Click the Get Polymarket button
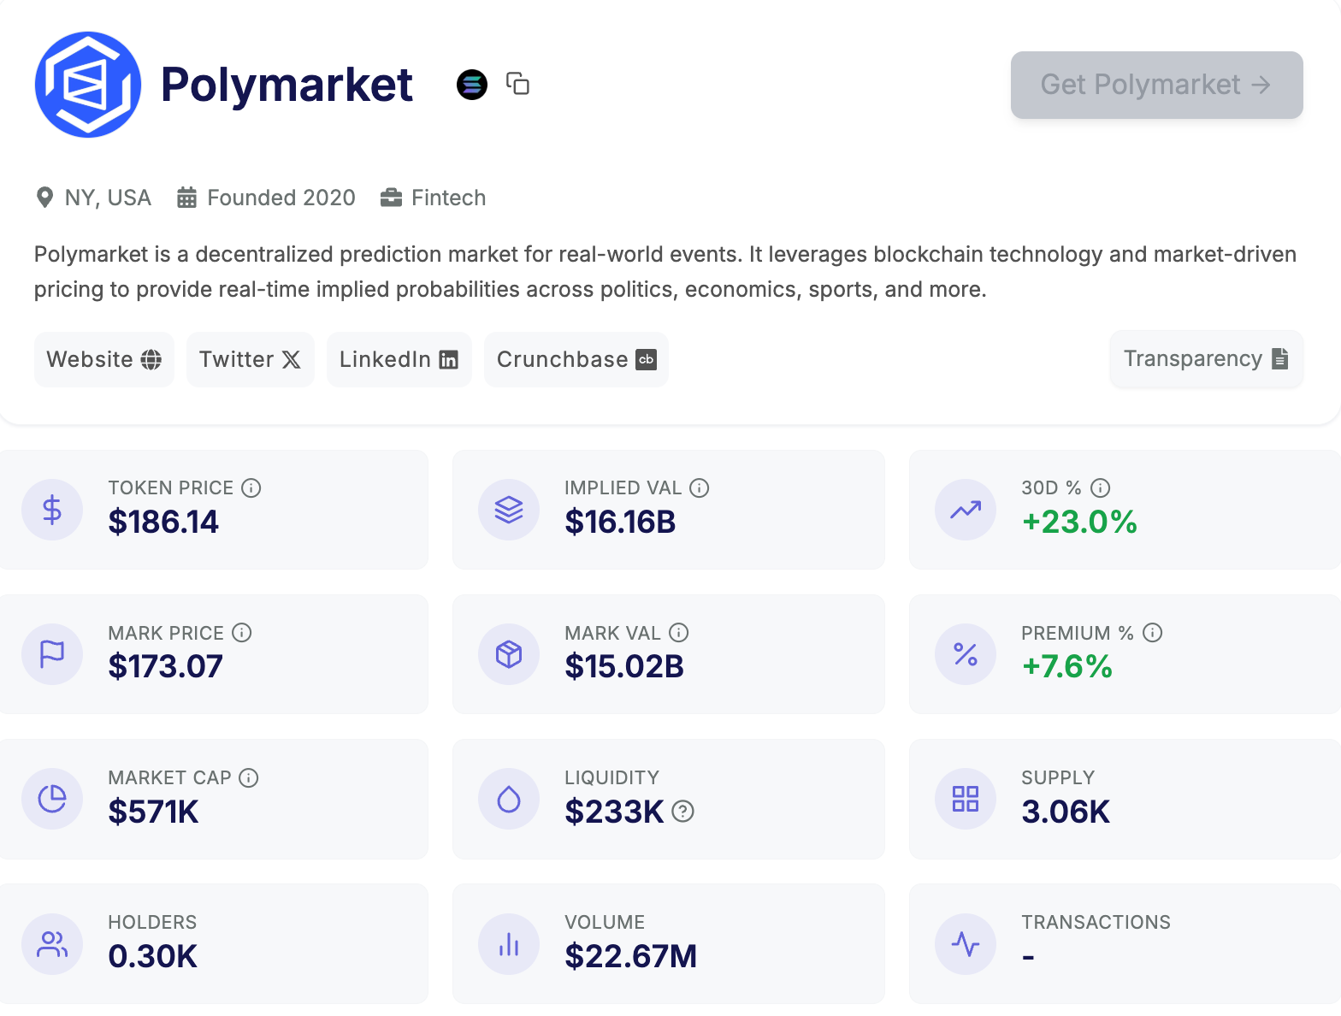(x=1156, y=85)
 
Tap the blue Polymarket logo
(x=87, y=85)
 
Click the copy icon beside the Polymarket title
(x=517, y=84)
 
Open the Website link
(x=103, y=359)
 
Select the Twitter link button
(x=250, y=359)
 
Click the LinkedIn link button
(x=399, y=359)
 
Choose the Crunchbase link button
(x=576, y=359)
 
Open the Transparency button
(x=1206, y=359)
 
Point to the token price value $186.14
(x=163, y=522)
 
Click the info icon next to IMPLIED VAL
(x=700, y=487)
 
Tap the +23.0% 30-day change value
(x=1079, y=522)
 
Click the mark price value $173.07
(x=165, y=666)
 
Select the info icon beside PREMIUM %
(x=1153, y=633)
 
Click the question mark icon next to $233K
(x=682, y=811)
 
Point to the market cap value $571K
(x=153, y=812)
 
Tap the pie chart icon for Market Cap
(x=52, y=799)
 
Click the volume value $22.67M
(x=630, y=956)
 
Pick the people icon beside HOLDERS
(x=52, y=944)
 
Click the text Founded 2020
(x=281, y=198)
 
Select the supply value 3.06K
(x=1066, y=812)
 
